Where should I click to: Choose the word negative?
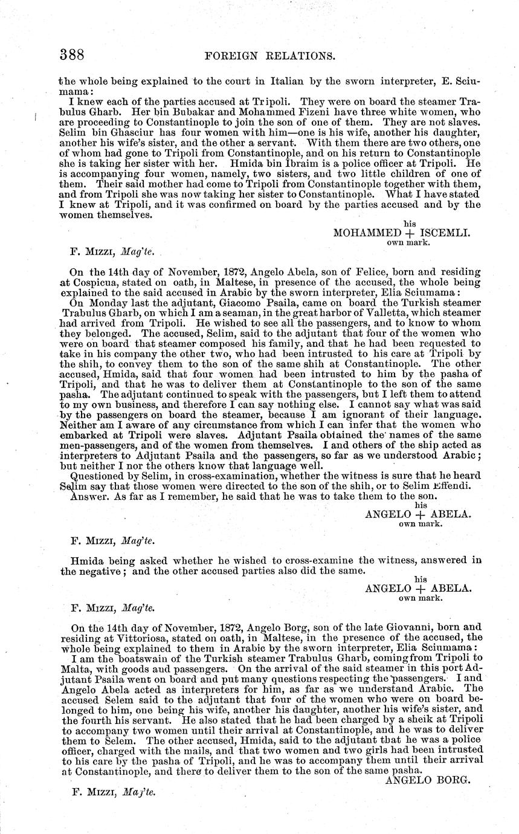(101, 571)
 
